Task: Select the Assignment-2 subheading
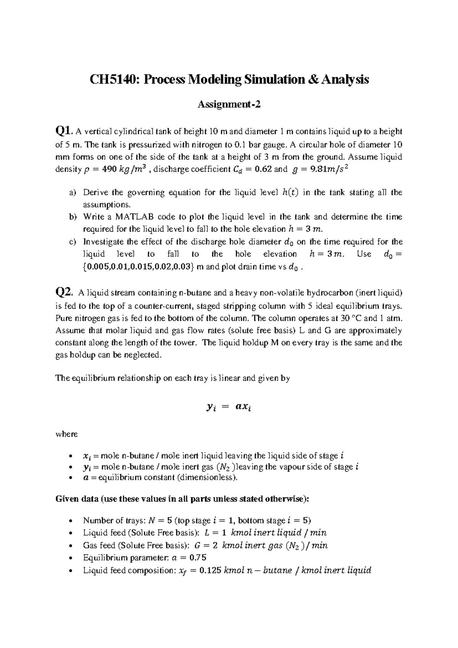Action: [x=229, y=104]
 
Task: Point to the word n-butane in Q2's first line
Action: [x=195, y=293]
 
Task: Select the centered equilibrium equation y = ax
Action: [x=229, y=408]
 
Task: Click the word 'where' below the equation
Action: [x=66, y=434]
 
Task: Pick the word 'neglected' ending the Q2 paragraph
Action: [x=144, y=355]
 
